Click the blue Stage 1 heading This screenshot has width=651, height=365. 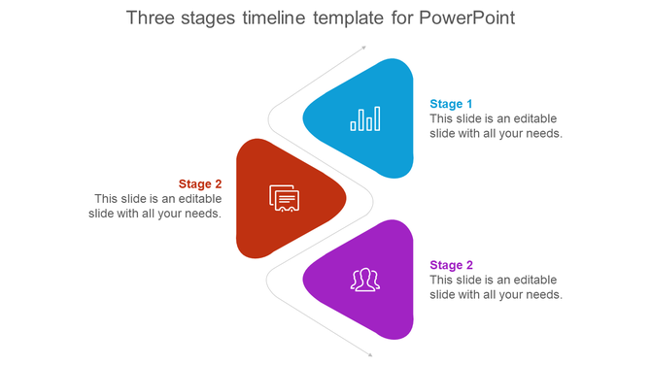pos(452,104)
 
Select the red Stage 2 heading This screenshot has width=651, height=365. pos(200,183)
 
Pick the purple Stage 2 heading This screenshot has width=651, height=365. pos(452,265)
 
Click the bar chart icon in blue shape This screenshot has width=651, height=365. pos(365,118)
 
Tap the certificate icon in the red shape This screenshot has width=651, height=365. pos(284,198)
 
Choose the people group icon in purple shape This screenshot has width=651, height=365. pos(365,280)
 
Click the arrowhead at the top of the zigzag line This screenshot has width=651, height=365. pos(363,46)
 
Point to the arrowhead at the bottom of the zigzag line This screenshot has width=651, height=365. pos(368,353)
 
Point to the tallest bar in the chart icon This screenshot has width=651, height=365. pos(377,117)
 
